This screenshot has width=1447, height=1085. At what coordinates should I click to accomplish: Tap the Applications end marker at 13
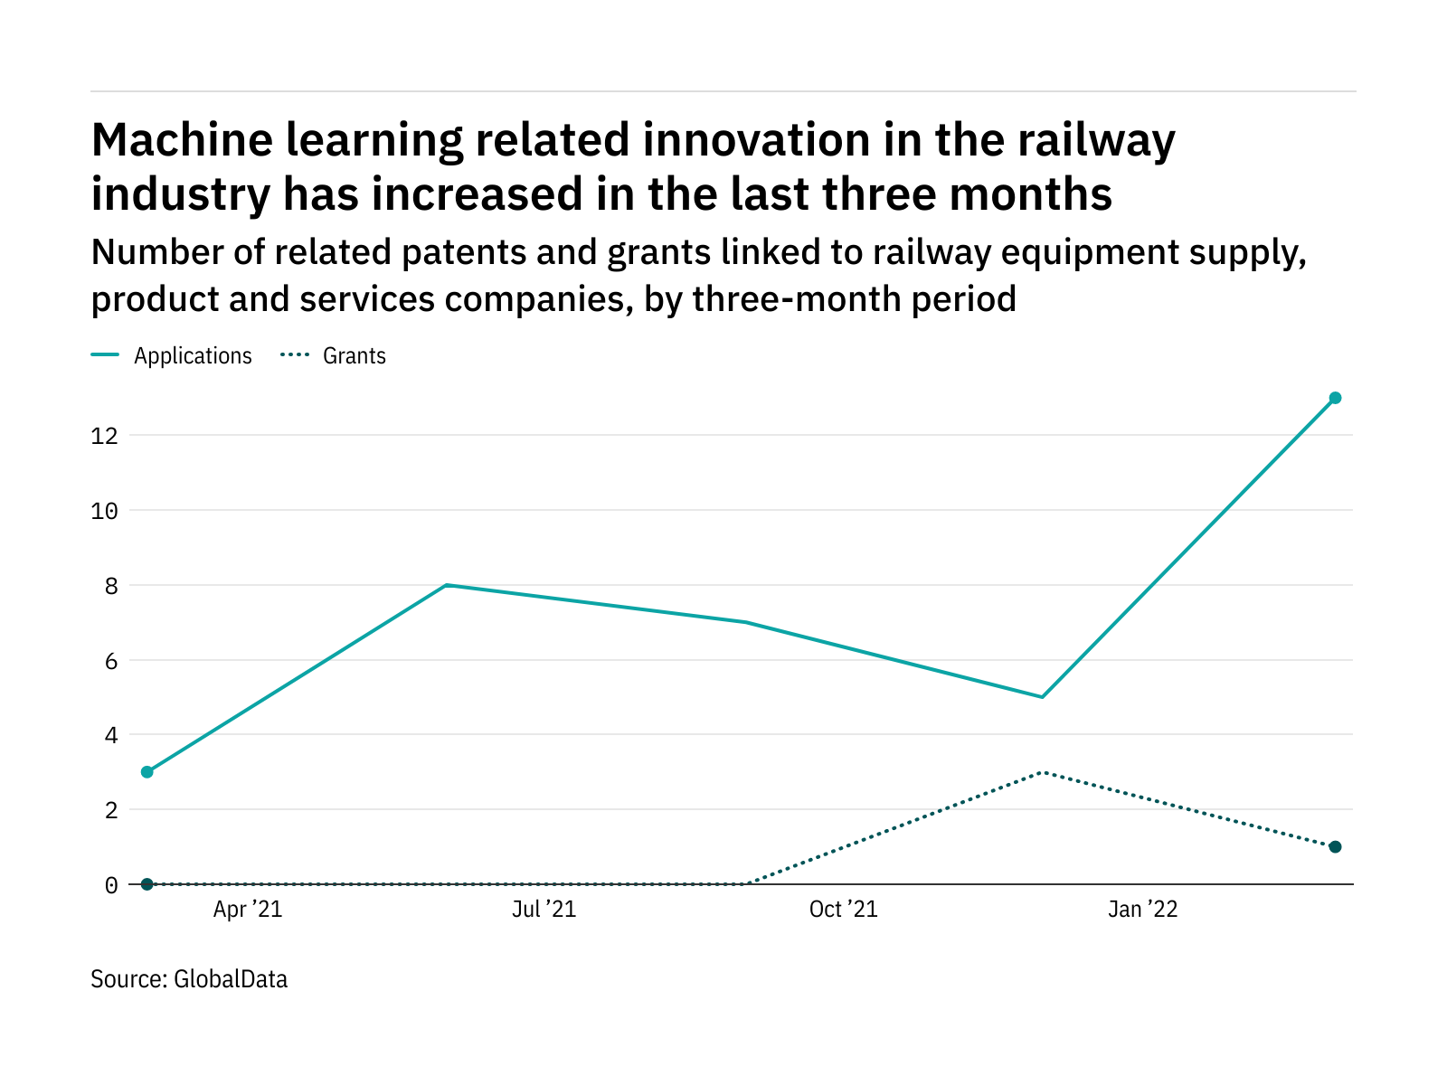[1335, 398]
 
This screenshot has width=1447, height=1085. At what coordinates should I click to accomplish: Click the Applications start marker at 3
[147, 772]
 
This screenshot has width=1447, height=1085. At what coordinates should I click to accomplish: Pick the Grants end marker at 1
[1335, 847]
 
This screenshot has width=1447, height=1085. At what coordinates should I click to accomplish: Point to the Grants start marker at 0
[147, 884]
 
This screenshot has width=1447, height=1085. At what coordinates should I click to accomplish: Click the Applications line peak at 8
[447, 585]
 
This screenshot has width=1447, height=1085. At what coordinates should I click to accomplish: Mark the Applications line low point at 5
[1042, 697]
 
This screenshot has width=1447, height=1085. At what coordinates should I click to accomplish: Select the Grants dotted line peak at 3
[1042, 772]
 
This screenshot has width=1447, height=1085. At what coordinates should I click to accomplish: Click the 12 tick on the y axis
[104, 436]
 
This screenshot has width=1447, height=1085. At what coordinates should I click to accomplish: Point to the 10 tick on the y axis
[104, 511]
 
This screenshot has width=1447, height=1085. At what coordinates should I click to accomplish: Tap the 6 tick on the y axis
[111, 661]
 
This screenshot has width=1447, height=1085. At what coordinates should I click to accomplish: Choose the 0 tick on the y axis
[111, 885]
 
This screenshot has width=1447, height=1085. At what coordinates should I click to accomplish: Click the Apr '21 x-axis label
[248, 910]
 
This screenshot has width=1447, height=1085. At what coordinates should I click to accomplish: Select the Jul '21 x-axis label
[544, 910]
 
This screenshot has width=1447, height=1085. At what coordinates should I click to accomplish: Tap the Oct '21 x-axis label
[843, 910]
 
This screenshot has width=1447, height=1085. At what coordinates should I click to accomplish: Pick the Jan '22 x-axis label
[1143, 910]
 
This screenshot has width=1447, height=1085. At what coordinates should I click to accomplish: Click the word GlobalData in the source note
[231, 979]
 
